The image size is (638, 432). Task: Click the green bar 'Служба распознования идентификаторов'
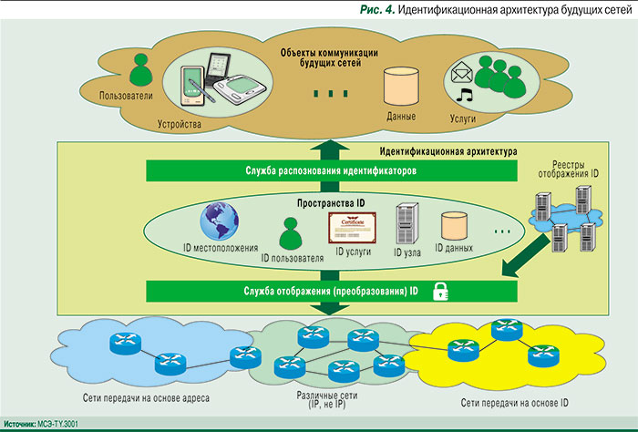(x=331, y=171)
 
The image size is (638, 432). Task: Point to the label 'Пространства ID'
(x=331, y=201)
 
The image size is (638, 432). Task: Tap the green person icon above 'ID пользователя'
(x=291, y=237)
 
